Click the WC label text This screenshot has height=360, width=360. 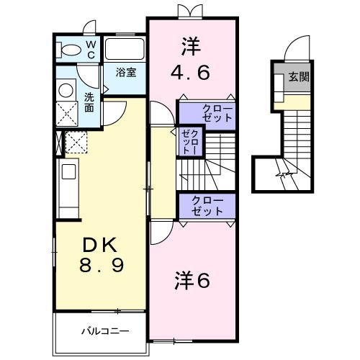[x=91, y=49]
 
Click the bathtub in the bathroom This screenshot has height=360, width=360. [x=125, y=49]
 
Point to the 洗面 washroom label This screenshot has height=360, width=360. [x=89, y=102]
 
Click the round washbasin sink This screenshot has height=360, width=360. [x=66, y=89]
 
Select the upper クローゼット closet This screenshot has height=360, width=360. [x=207, y=113]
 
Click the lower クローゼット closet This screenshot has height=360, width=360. [x=207, y=206]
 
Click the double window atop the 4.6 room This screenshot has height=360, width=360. [x=186, y=12]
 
